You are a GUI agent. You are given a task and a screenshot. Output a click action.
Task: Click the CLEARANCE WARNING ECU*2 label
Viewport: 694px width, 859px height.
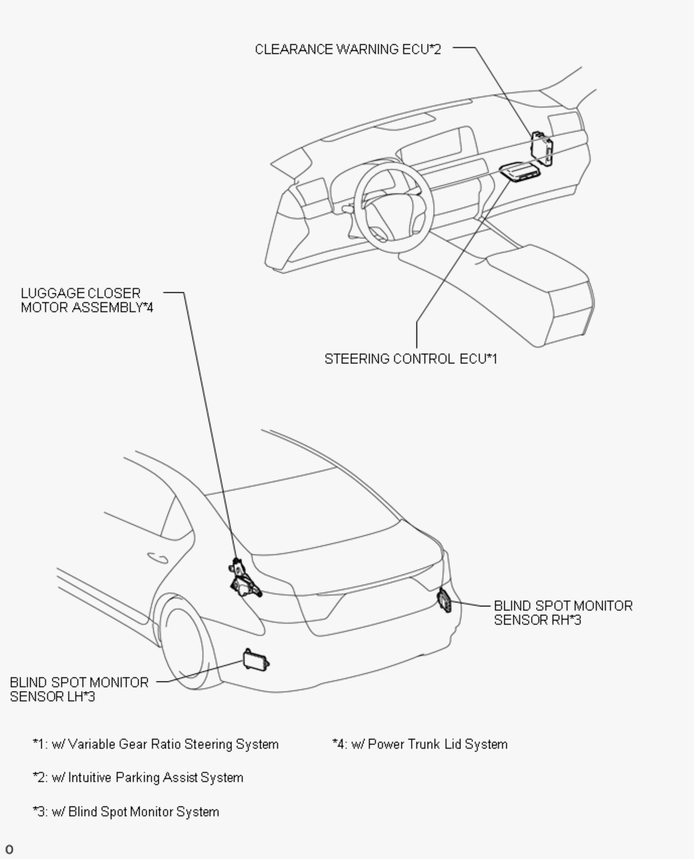[348, 49]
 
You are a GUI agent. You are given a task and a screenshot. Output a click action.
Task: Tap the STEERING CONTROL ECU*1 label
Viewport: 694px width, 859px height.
[411, 359]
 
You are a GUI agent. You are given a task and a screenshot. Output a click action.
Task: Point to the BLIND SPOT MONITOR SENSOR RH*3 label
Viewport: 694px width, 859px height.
[563, 613]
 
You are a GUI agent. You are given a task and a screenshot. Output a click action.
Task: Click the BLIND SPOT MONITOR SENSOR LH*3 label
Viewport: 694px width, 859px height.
[79, 689]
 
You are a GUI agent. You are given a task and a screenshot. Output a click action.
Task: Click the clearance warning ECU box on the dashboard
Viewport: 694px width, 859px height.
[542, 148]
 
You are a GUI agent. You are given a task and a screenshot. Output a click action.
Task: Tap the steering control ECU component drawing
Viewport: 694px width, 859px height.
[519, 172]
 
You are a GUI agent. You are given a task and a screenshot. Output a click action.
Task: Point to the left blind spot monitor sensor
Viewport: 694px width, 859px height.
[256, 660]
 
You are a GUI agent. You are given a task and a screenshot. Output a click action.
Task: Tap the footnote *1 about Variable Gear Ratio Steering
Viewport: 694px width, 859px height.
[155, 744]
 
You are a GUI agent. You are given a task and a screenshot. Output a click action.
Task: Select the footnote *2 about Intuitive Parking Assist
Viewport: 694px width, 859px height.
[138, 778]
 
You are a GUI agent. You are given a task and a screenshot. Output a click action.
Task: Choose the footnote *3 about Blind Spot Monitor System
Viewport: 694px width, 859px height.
[126, 812]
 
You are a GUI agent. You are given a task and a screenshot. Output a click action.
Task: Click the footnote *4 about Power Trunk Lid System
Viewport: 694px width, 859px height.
[420, 744]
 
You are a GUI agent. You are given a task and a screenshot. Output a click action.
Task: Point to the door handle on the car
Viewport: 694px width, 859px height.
[157, 557]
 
